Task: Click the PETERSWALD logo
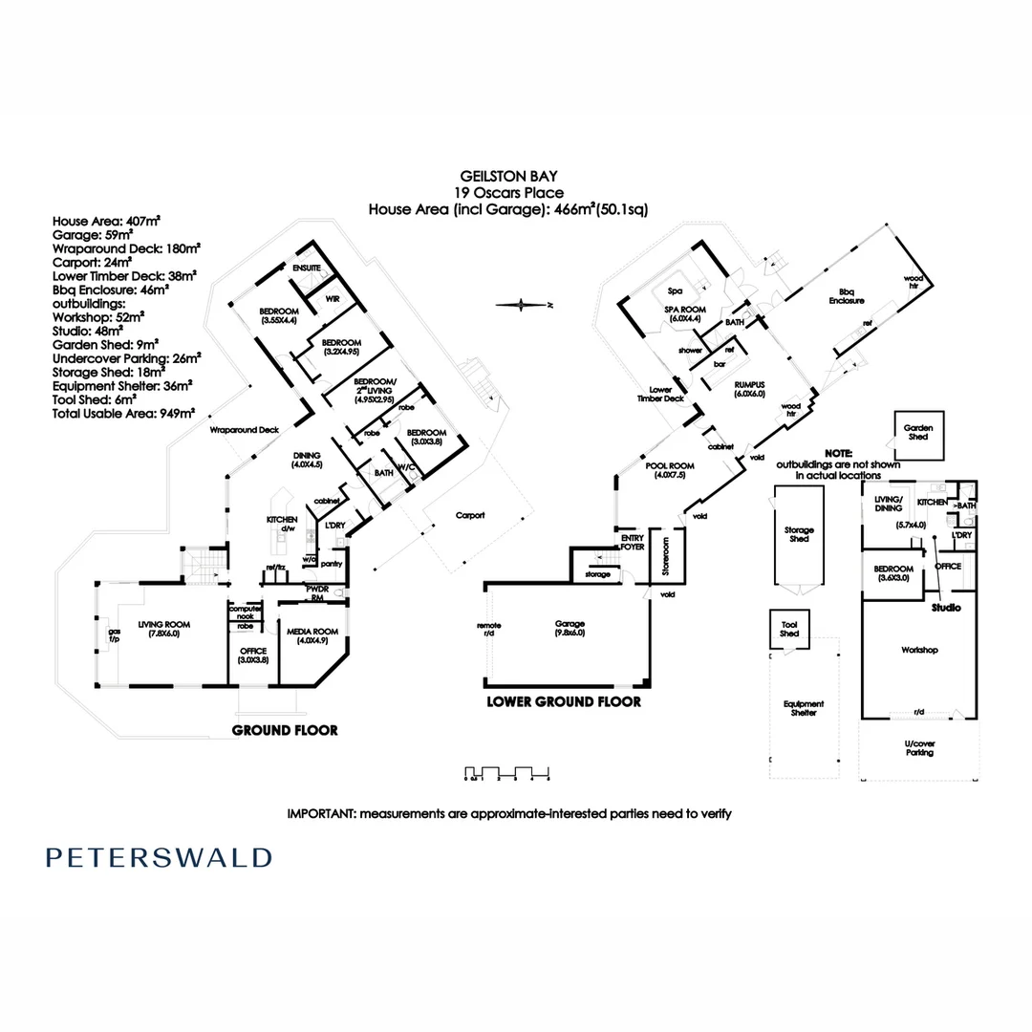(x=159, y=857)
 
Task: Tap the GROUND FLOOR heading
(x=285, y=730)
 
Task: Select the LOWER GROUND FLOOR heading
(x=564, y=700)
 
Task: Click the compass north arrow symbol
(x=522, y=305)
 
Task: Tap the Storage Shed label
(x=799, y=534)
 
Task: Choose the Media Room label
(x=313, y=635)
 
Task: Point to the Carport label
(x=469, y=515)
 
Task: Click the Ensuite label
(x=306, y=269)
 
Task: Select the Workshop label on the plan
(x=919, y=650)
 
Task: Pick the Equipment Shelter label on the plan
(x=804, y=708)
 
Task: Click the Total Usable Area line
(x=123, y=413)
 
